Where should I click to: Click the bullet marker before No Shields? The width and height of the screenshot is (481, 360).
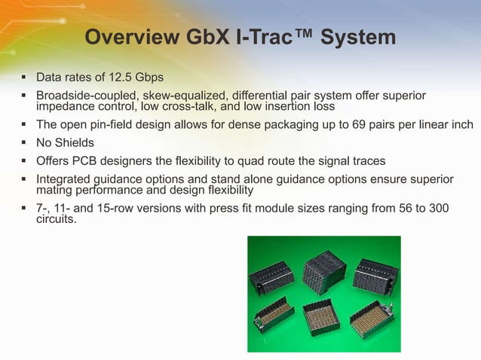[x=25, y=142]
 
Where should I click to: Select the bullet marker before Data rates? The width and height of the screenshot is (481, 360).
[x=25, y=78]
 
